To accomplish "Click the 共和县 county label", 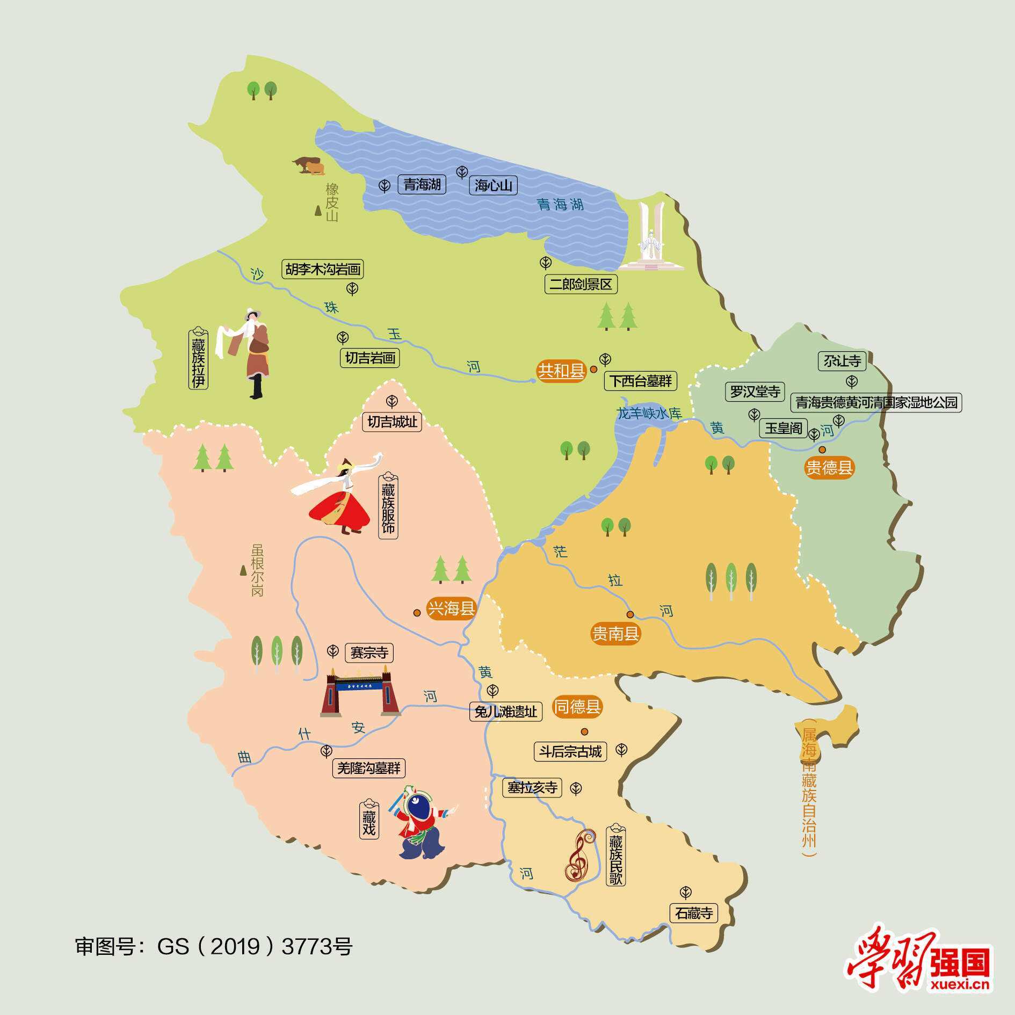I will click(561, 371).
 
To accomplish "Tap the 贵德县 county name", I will click(829, 468).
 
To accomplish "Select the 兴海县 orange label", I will click(451, 609).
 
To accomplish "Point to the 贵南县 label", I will click(615, 634).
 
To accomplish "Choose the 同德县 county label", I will click(577, 707).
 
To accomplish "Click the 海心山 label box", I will click(494, 185).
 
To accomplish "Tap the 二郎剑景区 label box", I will click(581, 284).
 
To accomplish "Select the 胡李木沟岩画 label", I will click(323, 269).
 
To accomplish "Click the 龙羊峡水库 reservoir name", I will click(649, 414).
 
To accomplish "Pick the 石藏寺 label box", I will click(694, 913).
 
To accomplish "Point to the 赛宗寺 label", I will click(369, 653).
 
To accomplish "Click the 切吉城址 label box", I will click(393, 422).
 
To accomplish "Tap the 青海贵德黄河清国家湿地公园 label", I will click(876, 402).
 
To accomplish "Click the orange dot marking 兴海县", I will click(417, 613).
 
